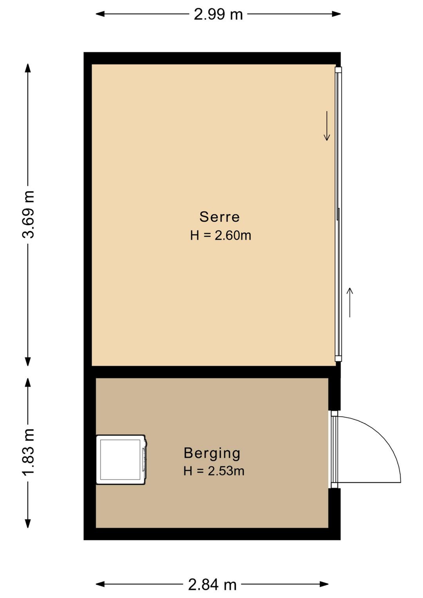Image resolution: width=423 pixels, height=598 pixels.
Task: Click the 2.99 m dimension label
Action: (218, 14)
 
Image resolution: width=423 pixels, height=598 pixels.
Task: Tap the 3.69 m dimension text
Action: (28, 214)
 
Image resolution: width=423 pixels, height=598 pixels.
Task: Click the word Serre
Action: (219, 217)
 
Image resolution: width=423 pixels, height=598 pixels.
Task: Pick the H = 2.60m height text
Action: (221, 236)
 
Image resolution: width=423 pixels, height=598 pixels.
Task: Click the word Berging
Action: (212, 453)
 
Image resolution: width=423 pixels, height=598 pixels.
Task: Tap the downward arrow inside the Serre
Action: (327, 126)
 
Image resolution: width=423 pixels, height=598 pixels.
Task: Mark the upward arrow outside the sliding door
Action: (350, 303)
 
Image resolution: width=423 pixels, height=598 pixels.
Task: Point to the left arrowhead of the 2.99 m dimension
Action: (100, 14)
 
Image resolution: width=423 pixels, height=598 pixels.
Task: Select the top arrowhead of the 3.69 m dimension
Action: (28, 68)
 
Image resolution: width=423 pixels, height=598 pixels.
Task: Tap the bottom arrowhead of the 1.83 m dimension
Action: (28, 524)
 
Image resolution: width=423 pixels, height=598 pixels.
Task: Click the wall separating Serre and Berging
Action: (212, 371)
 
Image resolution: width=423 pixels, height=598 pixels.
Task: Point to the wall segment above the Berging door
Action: (334, 394)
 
